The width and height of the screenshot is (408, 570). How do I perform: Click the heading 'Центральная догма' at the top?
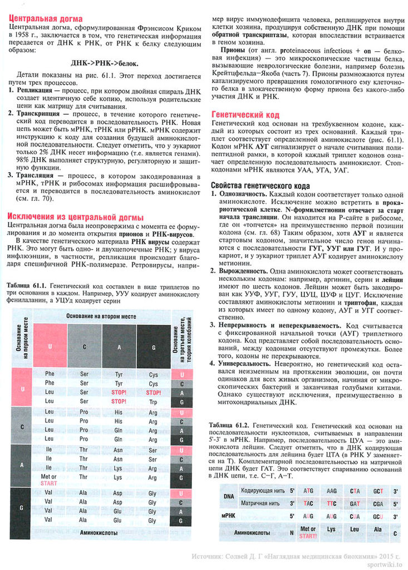click(46, 19)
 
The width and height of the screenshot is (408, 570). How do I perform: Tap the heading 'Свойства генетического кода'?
click(260, 186)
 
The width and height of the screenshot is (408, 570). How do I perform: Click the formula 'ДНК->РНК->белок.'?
click(105, 63)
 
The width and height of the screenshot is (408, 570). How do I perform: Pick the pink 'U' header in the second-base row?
click(50, 346)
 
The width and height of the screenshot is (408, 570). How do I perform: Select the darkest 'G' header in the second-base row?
click(153, 346)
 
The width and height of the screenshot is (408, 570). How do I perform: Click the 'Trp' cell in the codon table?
click(153, 401)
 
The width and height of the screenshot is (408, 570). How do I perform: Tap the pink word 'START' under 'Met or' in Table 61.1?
click(49, 483)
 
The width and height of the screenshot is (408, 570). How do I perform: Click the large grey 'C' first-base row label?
click(22, 426)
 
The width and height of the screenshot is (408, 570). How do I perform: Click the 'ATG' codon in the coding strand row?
click(308, 491)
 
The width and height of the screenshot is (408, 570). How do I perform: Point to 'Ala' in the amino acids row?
click(378, 529)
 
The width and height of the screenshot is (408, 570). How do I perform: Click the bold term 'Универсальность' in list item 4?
click(242, 364)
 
